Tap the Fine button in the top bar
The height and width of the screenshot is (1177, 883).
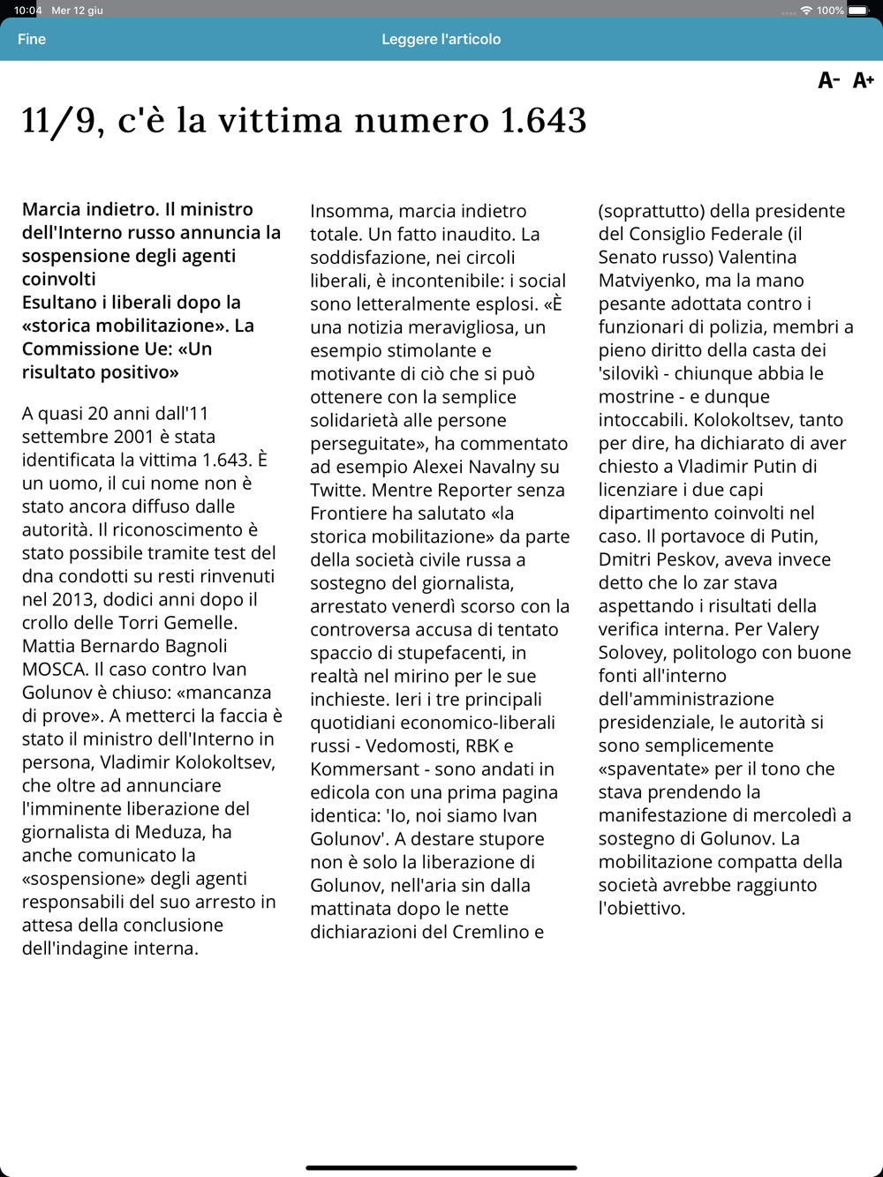[x=32, y=39]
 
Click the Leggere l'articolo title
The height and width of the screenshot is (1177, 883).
[x=441, y=39]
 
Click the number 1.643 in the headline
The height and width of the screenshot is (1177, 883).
[x=543, y=121]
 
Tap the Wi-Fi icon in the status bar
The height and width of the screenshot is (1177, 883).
[x=806, y=11]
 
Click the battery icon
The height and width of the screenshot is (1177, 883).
[x=858, y=11]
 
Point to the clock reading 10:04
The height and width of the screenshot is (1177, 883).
[x=27, y=11]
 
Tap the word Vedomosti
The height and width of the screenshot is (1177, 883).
[x=410, y=746]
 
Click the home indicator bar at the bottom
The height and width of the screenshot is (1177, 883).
[x=441, y=1167]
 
